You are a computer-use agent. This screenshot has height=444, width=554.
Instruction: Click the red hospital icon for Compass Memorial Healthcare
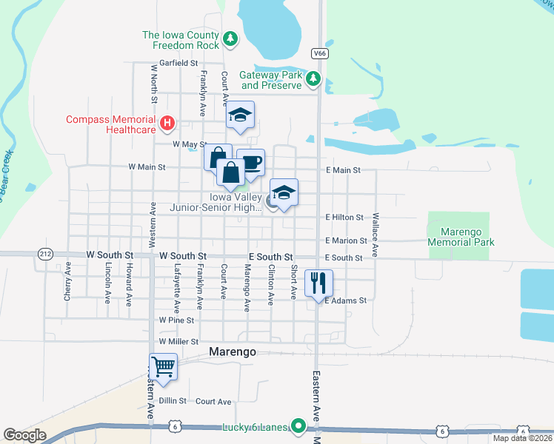[x=168, y=123]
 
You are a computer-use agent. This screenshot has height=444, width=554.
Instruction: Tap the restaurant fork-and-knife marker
[x=318, y=283]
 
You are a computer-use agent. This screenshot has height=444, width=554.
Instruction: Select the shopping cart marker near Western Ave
[x=163, y=366]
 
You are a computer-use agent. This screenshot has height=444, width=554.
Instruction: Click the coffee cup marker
[x=250, y=162]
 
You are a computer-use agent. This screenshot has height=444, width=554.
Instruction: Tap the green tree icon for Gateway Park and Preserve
[x=313, y=78]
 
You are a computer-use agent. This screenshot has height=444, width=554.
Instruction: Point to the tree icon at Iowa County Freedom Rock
[x=230, y=38]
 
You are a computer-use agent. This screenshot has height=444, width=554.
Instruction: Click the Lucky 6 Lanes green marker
[x=298, y=426]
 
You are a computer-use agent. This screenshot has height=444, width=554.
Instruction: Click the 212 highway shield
[x=45, y=254]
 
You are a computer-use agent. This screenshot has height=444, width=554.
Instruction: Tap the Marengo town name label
[x=233, y=352]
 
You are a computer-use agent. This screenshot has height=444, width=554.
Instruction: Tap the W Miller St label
[x=178, y=342]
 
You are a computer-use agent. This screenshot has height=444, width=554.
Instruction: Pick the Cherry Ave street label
[x=67, y=280]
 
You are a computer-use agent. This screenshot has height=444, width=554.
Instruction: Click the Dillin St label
[x=172, y=400]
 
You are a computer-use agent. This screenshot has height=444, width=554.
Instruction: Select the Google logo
[x=25, y=435]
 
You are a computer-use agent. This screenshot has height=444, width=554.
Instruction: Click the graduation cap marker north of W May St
[x=240, y=115]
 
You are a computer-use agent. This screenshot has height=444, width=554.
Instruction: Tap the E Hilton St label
[x=344, y=218]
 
